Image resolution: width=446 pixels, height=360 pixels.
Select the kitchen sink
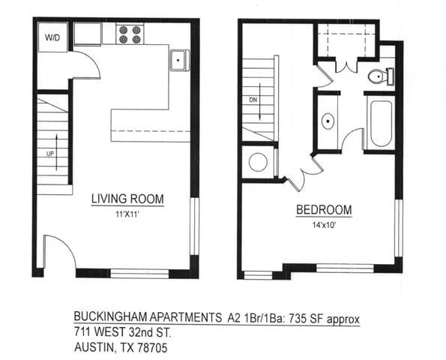point(178,60)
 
